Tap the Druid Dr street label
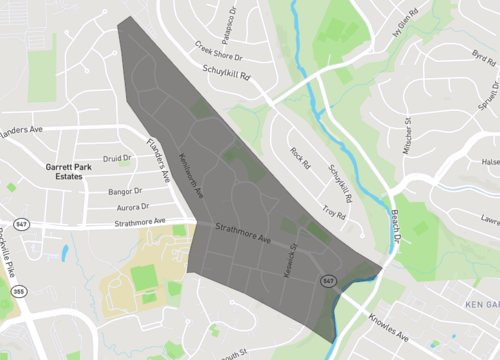tap(117, 158)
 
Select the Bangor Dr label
tap(125, 189)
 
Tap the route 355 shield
tap(17, 292)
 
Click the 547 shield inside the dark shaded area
tap(327, 281)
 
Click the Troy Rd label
tap(334, 214)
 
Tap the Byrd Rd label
tap(482, 57)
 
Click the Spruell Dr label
tap(487, 96)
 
